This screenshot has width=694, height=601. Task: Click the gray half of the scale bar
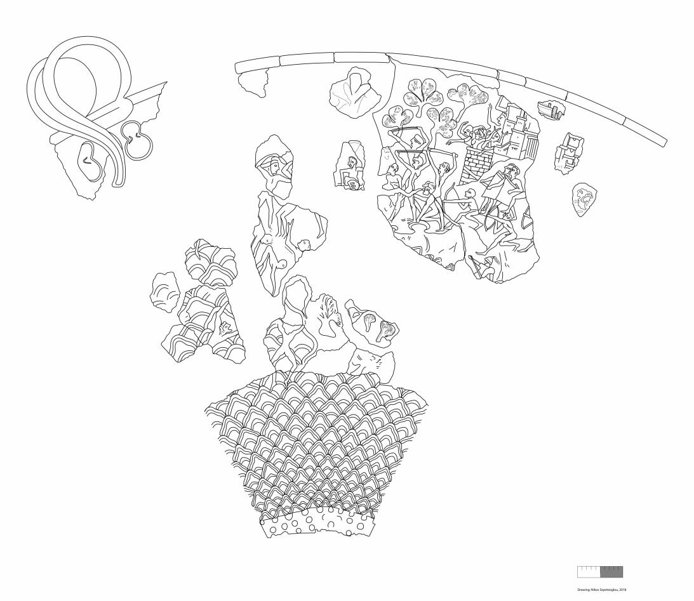click(611, 572)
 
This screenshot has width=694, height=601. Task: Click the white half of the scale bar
click(588, 572)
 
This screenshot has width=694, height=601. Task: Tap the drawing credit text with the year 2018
click(601, 589)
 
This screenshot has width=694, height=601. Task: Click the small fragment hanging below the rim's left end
click(253, 81)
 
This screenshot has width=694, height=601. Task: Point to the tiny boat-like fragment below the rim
click(551, 109)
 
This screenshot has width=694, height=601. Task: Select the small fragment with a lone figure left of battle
click(350, 165)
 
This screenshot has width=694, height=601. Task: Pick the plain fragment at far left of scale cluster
click(165, 293)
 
